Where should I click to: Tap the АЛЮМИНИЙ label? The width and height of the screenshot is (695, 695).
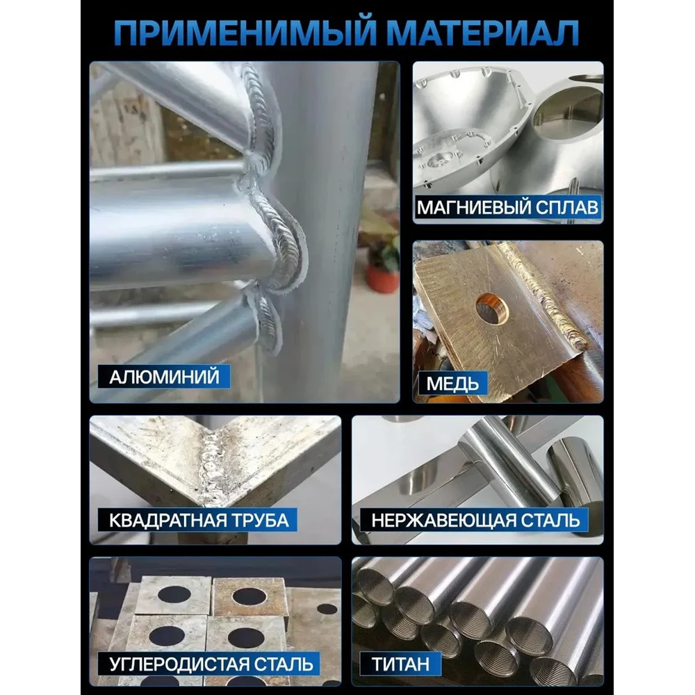[x=164, y=377]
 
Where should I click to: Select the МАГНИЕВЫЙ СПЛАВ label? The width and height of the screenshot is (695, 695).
[x=508, y=207]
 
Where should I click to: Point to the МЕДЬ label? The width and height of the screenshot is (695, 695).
[x=452, y=384]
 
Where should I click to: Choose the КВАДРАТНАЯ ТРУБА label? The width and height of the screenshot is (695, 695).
[x=198, y=520]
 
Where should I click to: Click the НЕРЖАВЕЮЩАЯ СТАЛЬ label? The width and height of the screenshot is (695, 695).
[x=475, y=520]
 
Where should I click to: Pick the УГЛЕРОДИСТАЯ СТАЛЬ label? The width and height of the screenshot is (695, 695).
[x=209, y=664]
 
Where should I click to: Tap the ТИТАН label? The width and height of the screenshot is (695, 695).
[x=401, y=664]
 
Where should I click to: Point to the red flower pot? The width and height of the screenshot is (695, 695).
[x=382, y=279]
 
